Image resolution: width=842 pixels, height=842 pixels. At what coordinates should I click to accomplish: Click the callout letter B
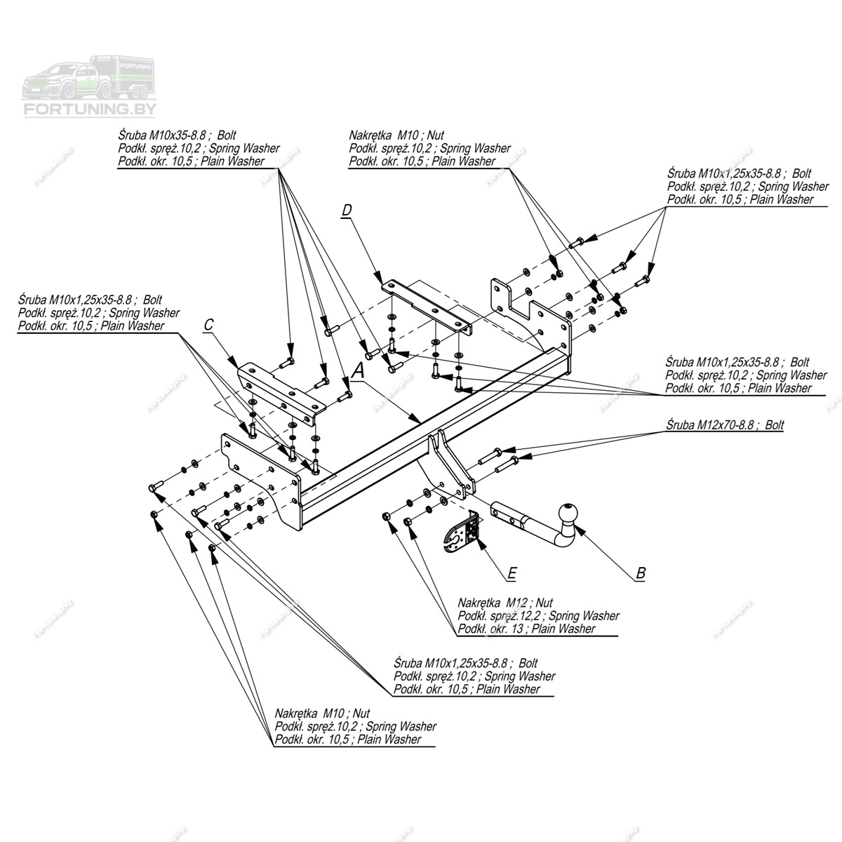click(x=640, y=573)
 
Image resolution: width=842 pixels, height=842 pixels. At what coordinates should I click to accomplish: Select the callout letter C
click(x=208, y=325)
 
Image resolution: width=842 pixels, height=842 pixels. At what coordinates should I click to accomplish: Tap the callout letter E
click(x=512, y=574)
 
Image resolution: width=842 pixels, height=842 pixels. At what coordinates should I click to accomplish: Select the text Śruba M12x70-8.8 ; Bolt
click(x=725, y=425)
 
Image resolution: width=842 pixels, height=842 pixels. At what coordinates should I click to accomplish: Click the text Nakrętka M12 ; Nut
click(x=505, y=603)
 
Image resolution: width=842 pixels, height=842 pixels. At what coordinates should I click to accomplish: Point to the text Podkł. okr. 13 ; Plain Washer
click(x=526, y=629)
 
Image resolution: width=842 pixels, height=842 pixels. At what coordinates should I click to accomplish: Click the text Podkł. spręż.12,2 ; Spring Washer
click(x=538, y=616)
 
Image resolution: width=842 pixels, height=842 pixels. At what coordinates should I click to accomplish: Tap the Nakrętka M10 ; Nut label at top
click(x=396, y=135)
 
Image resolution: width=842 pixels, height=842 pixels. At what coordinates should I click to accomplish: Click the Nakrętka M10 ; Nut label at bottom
click(x=322, y=714)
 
